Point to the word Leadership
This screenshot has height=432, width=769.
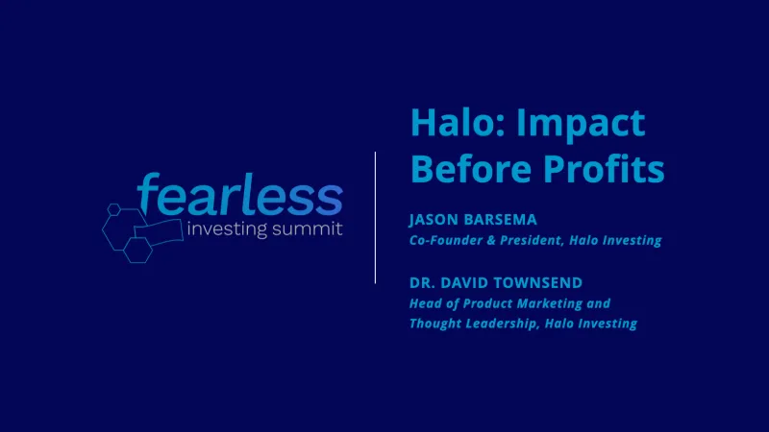(x=501, y=324)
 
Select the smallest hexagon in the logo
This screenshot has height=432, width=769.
(x=114, y=208)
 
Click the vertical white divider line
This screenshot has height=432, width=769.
(x=375, y=216)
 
